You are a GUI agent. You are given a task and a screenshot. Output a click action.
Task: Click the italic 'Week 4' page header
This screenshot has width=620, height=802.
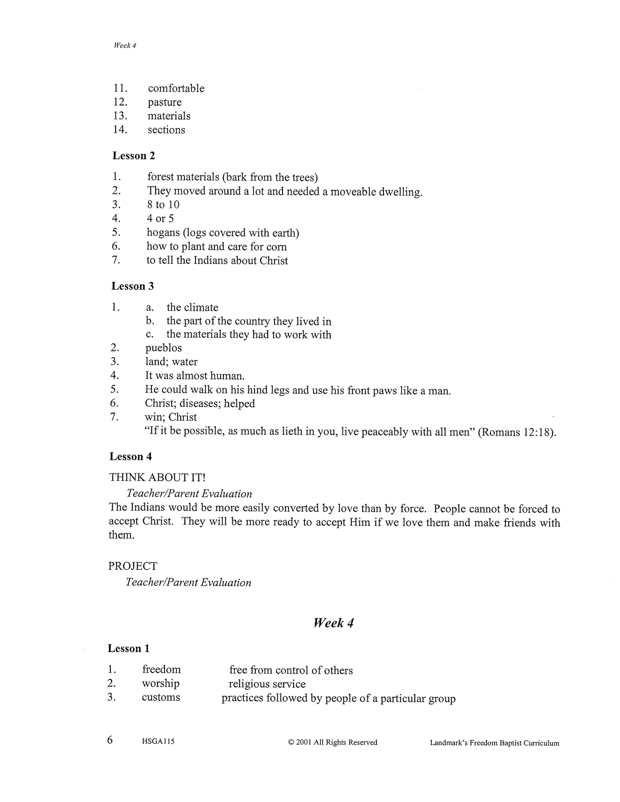click(x=125, y=46)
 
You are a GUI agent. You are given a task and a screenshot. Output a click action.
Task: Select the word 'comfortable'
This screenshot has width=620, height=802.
click(x=176, y=89)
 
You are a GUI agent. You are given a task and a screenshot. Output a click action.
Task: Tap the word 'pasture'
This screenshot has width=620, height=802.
click(x=164, y=103)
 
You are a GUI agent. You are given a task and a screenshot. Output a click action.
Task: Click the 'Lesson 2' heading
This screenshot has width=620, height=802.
click(x=134, y=156)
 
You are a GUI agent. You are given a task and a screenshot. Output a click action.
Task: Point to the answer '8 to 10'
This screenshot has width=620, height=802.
click(x=163, y=204)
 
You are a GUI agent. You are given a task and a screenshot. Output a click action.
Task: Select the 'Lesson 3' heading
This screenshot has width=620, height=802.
click(x=133, y=286)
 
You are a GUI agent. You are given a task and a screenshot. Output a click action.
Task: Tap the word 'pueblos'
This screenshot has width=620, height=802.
click(x=163, y=348)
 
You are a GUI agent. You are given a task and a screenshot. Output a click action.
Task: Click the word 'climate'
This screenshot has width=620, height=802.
click(x=202, y=307)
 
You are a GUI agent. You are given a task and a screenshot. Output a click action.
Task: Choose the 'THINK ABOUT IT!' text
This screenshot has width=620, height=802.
click(x=157, y=477)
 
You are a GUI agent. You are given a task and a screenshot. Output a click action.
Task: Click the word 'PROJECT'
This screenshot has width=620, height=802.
click(x=133, y=566)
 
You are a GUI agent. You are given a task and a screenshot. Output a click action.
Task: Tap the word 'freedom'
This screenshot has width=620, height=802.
click(x=161, y=670)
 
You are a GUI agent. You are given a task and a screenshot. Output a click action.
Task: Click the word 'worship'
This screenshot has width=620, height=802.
click(x=161, y=684)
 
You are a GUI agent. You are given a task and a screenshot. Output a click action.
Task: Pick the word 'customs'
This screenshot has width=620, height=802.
click(x=161, y=697)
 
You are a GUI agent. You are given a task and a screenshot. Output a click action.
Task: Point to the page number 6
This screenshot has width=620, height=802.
click(x=110, y=740)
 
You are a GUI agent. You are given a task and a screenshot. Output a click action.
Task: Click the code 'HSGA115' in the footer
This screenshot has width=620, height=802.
click(x=158, y=741)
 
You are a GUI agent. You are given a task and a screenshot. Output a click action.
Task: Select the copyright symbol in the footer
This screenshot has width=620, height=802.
click(x=291, y=742)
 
